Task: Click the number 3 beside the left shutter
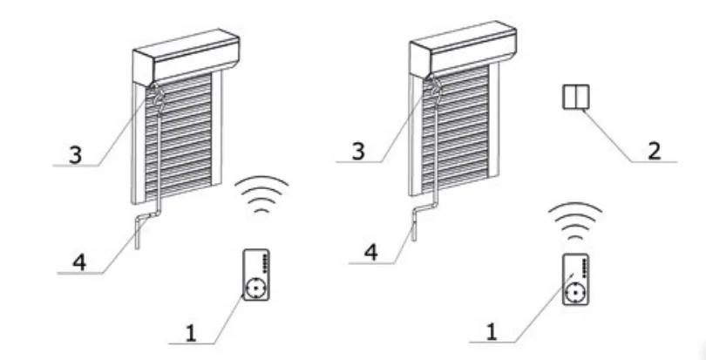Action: point(76,154)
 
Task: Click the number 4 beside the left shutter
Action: point(79,262)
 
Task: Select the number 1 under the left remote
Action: point(191,333)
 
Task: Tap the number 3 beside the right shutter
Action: point(358,151)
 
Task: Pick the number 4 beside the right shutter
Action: point(371,252)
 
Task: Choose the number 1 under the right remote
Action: point(492,331)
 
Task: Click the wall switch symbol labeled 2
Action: point(576,97)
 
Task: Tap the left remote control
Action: point(256,275)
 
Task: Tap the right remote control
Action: point(576,280)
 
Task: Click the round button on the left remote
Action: point(255,288)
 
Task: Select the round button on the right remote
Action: point(574,293)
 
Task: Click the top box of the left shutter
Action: point(186,58)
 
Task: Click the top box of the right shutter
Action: point(463,49)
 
